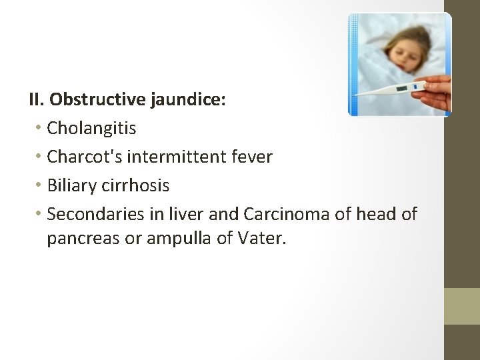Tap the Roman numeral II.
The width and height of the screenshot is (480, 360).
coord(36,100)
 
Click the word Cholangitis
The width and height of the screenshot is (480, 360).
coord(91,129)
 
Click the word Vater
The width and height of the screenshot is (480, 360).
coord(261,238)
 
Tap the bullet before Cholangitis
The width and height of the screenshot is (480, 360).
coord(40,128)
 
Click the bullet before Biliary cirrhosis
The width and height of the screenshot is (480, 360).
coord(40,185)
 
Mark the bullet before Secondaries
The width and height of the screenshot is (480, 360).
coord(40,213)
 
